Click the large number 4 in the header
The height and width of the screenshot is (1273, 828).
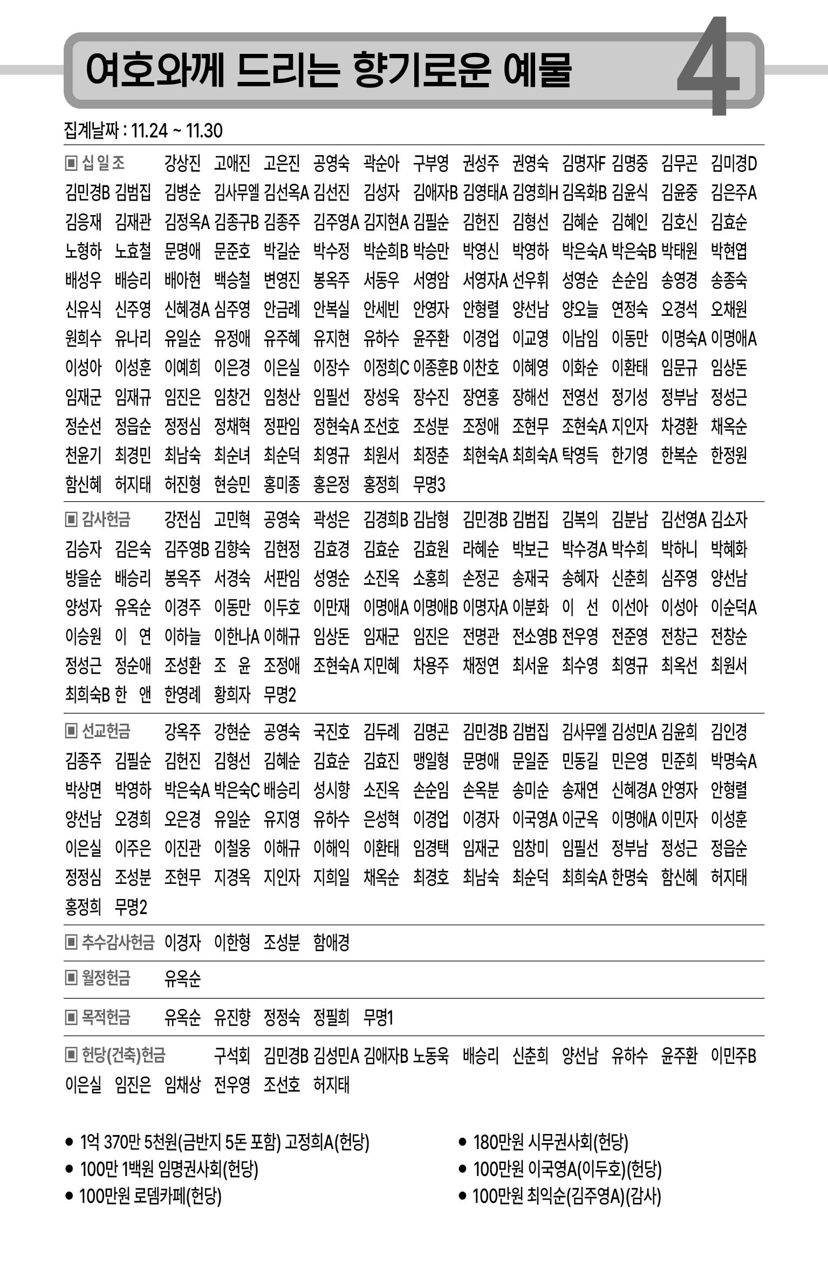[708, 67]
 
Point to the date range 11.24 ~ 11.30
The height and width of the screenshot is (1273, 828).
[176, 131]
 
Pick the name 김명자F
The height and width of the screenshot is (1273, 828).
[584, 163]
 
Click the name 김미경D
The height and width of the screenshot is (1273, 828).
[734, 163]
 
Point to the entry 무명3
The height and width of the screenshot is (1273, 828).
[429, 485]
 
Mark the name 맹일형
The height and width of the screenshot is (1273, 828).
[430, 761]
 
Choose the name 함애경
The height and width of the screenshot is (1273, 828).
[331, 942]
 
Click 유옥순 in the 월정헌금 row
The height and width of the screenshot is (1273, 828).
[182, 978]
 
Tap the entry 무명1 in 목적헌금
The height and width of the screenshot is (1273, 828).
[379, 1018]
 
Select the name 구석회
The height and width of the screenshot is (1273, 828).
[232, 1055]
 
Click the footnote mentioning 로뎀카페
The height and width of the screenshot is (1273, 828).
[150, 1196]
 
